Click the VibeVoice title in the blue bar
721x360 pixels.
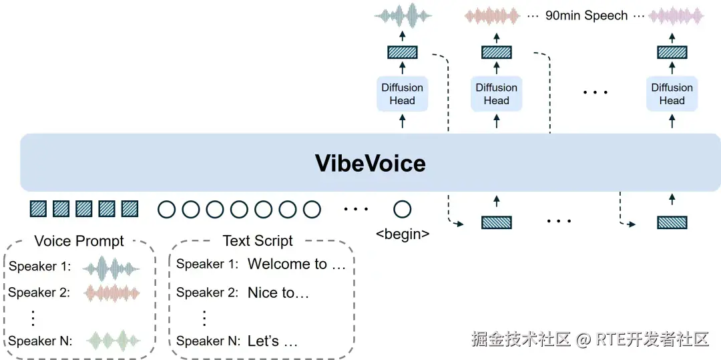tap(370, 163)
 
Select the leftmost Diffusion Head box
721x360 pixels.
tap(402, 94)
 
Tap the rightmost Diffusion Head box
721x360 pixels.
tap(672, 94)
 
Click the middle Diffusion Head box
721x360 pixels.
tap(496, 94)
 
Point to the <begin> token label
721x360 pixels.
tap(403, 234)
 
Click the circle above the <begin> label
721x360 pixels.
tap(402, 210)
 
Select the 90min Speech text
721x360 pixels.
tap(586, 15)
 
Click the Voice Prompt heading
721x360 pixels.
tap(79, 241)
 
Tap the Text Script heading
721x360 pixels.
tap(258, 241)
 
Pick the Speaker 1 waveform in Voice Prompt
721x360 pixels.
tap(111, 268)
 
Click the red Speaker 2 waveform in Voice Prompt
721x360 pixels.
tap(111, 293)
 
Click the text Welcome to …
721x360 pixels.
tap(296, 264)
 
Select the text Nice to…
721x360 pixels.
tap(278, 293)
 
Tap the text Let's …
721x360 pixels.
tap(272, 341)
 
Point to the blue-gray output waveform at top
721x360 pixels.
tap(403, 15)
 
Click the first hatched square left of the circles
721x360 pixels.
tap(38, 209)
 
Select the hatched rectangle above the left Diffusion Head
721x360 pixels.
tap(402, 52)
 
